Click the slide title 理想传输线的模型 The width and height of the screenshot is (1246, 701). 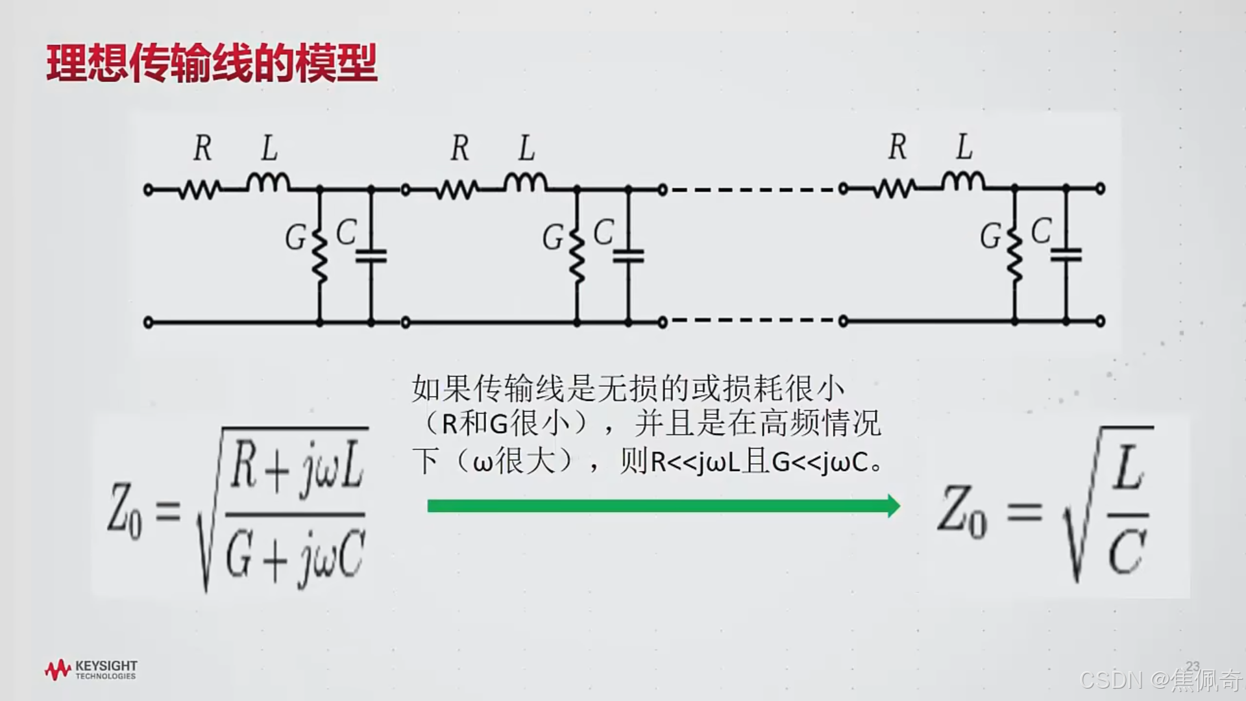coord(212,64)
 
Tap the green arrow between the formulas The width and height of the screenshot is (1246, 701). coord(662,506)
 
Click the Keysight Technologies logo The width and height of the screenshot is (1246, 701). coord(91,670)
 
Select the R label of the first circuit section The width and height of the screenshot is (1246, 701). coord(202,148)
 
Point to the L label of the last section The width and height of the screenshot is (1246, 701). coord(964,147)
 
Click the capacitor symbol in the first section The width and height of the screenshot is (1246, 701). coord(371,256)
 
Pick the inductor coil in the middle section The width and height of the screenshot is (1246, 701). coord(526,182)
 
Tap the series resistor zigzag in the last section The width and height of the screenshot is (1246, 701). coord(894,190)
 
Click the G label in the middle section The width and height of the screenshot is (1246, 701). coord(553,238)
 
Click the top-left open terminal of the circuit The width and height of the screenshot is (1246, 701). coord(148,190)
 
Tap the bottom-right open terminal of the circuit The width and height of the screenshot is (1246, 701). coord(1100,321)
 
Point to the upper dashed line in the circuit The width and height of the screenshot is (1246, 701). coord(753,190)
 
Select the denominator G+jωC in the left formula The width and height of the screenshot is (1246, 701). coord(295,556)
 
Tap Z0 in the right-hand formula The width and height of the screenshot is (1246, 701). coord(962,513)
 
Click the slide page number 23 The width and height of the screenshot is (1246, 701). coord(1193,667)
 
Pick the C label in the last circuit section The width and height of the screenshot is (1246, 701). coord(1041,231)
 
